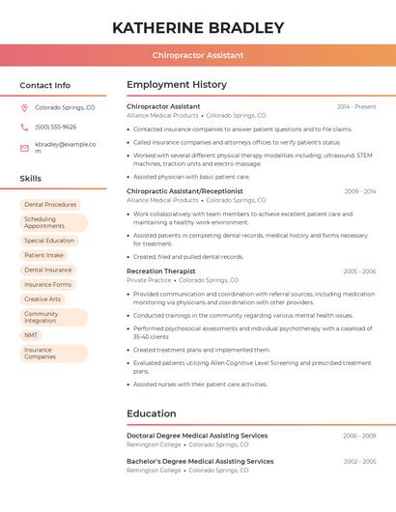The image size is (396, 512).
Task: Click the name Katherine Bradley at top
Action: [x=198, y=27]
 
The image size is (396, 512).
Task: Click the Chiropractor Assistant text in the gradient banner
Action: [x=198, y=55]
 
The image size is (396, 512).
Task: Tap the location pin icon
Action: [x=24, y=108]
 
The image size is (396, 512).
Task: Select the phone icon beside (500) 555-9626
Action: [x=24, y=127]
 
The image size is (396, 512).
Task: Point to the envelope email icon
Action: [x=24, y=147]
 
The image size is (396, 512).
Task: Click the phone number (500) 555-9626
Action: [x=55, y=127]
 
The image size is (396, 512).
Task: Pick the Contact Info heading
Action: [x=44, y=85]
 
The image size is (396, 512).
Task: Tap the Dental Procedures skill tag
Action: [x=50, y=205]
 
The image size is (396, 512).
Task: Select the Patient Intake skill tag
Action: [x=44, y=255]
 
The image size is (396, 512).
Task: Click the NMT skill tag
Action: [x=32, y=334]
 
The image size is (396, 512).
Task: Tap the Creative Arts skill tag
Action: [x=42, y=299]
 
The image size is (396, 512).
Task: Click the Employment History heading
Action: [x=177, y=85]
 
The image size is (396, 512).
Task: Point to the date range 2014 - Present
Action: [x=356, y=106]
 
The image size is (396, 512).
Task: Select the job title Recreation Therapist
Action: [x=160, y=271]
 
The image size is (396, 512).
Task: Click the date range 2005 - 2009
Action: [x=359, y=271]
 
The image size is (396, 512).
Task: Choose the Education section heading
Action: [x=151, y=413]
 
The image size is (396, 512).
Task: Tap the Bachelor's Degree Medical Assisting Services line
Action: [x=200, y=462]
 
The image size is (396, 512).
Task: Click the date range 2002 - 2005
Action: [x=359, y=462]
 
